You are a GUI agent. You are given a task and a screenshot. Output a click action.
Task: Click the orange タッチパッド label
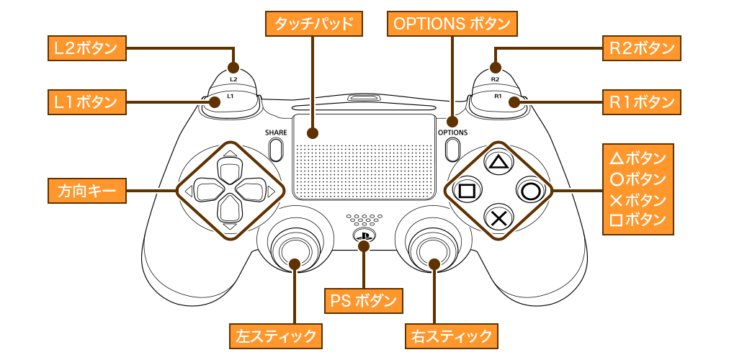pos(313,24)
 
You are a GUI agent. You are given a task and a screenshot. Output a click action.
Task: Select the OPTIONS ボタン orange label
pos(452,24)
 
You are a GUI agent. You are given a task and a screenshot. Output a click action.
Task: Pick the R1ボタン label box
pos(641,102)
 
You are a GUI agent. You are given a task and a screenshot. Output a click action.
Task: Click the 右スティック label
pos(452,335)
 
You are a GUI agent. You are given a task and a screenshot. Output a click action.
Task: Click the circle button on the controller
pos(529,191)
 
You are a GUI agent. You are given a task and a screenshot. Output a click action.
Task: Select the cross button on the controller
pos(497,217)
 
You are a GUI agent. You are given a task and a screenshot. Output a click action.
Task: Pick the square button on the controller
pos(466,191)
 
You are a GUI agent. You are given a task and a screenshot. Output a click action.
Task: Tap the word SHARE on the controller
pos(275,132)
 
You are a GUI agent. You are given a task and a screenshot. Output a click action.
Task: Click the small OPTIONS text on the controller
pos(452,132)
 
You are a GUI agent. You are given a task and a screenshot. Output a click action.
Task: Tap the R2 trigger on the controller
pos(495,75)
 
